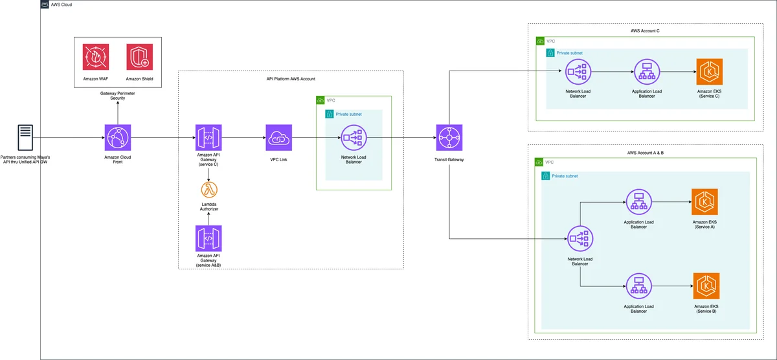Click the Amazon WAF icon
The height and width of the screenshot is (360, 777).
96,57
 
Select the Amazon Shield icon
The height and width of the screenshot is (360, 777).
139,57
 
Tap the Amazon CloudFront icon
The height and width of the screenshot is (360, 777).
118,138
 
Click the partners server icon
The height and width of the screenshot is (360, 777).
25,138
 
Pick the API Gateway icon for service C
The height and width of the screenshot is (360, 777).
208,138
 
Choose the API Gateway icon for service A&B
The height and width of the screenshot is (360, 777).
208,239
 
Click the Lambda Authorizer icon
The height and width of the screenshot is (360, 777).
209,190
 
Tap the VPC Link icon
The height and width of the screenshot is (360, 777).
279,138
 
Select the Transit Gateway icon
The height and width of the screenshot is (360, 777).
449,138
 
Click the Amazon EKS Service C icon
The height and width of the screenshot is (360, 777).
710,72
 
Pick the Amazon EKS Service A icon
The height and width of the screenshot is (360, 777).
704,202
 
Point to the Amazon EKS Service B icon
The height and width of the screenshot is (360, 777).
706,286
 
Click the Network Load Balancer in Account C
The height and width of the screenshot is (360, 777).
578,72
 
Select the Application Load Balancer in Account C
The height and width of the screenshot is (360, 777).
647,72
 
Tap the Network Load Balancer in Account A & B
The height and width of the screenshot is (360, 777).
580,239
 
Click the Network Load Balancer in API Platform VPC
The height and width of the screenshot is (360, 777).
354,138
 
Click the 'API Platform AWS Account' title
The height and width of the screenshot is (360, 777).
291,79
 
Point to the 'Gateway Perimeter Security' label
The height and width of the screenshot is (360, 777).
118,96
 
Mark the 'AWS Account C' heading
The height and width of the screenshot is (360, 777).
645,31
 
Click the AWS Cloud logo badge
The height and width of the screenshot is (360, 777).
45,5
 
